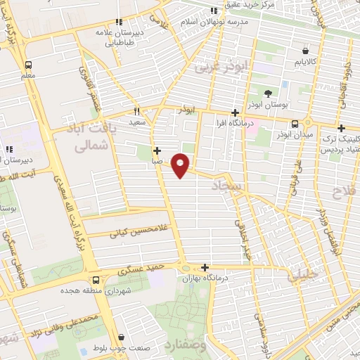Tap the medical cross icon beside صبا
click(x=156, y=150)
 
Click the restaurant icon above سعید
click(x=137, y=111)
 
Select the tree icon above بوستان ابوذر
click(x=267, y=94)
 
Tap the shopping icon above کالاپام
click(x=305, y=51)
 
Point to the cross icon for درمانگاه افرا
click(x=236, y=112)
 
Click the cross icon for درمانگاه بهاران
click(x=205, y=267)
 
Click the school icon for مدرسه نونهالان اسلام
click(x=214, y=11)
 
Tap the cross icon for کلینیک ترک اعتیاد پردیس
click(x=341, y=129)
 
